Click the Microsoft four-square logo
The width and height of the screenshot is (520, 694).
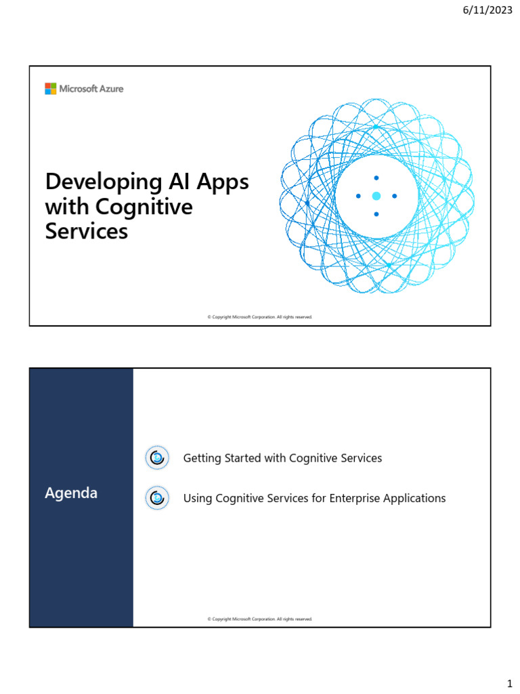click(51, 89)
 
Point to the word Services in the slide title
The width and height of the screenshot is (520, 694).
click(86, 231)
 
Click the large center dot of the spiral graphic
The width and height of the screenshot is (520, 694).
click(376, 196)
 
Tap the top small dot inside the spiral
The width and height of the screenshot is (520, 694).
click(376, 178)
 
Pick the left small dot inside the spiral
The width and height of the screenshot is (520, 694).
click(358, 196)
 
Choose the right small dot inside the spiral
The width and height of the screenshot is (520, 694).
click(395, 196)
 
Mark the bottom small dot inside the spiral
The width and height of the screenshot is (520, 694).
click(376, 214)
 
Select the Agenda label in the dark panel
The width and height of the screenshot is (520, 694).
click(71, 493)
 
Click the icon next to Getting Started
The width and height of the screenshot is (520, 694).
click(156, 458)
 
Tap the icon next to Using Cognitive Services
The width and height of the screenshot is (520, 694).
click(156, 498)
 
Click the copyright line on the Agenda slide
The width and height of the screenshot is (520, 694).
click(260, 619)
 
